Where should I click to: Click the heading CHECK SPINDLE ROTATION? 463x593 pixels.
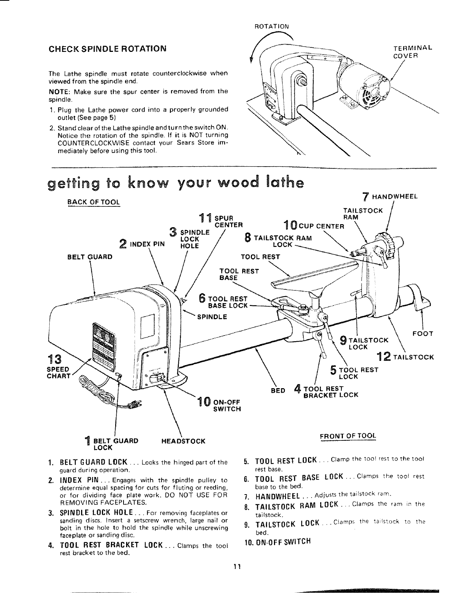point(108,49)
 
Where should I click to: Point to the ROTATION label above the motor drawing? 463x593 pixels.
point(271,27)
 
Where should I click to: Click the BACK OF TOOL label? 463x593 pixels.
point(93,202)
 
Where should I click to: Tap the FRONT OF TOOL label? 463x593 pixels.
point(348,436)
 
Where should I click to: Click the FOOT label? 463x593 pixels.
point(423,334)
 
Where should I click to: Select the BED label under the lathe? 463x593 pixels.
point(278,390)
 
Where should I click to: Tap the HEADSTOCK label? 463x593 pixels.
point(183,441)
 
